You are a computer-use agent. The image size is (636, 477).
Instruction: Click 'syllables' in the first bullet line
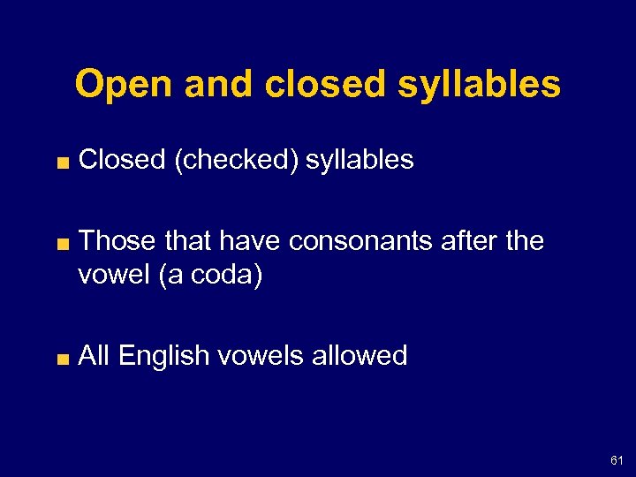(360, 160)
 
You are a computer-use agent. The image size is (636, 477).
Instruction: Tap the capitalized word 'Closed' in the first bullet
(122, 160)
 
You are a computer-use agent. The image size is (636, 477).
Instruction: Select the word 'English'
(168, 356)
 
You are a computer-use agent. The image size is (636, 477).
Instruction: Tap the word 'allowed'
(363, 356)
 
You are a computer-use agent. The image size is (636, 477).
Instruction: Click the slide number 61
(617, 460)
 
